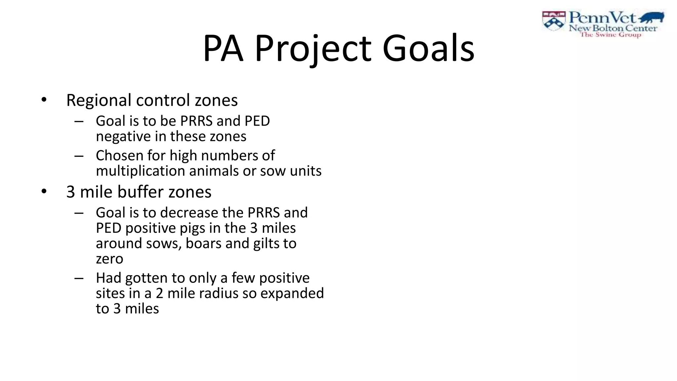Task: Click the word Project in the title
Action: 313,49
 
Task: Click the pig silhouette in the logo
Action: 652,17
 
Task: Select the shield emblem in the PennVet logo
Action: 554,21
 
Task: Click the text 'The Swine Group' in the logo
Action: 611,35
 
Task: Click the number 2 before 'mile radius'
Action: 159,293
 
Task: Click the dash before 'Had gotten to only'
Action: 79,278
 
